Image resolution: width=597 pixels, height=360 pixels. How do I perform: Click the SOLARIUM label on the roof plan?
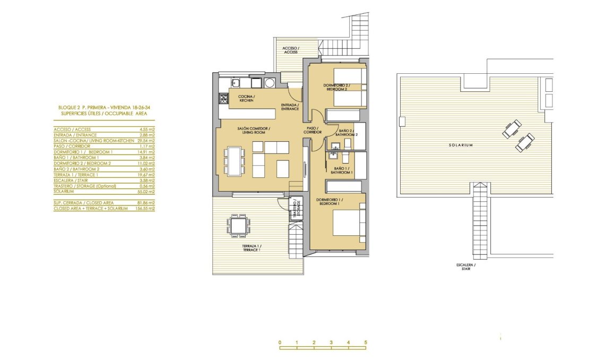460,144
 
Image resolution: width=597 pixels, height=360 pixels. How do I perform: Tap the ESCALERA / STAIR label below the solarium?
465,267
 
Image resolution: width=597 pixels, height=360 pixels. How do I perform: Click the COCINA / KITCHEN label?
246,98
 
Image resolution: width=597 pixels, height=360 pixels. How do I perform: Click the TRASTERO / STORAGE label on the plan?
295,209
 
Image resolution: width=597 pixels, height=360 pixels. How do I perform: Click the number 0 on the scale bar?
280,342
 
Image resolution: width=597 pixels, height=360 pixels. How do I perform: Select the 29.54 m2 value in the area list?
146,140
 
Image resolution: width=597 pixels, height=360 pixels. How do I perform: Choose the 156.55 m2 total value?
145,209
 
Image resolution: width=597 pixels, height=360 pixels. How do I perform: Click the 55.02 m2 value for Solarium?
146,191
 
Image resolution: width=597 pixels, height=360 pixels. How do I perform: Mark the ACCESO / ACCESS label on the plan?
290,50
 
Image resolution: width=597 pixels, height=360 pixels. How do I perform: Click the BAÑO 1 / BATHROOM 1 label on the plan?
341,170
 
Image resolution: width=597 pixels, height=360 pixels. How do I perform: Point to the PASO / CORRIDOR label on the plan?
313,130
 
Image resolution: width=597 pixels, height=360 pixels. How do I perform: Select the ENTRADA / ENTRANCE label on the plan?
290,107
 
